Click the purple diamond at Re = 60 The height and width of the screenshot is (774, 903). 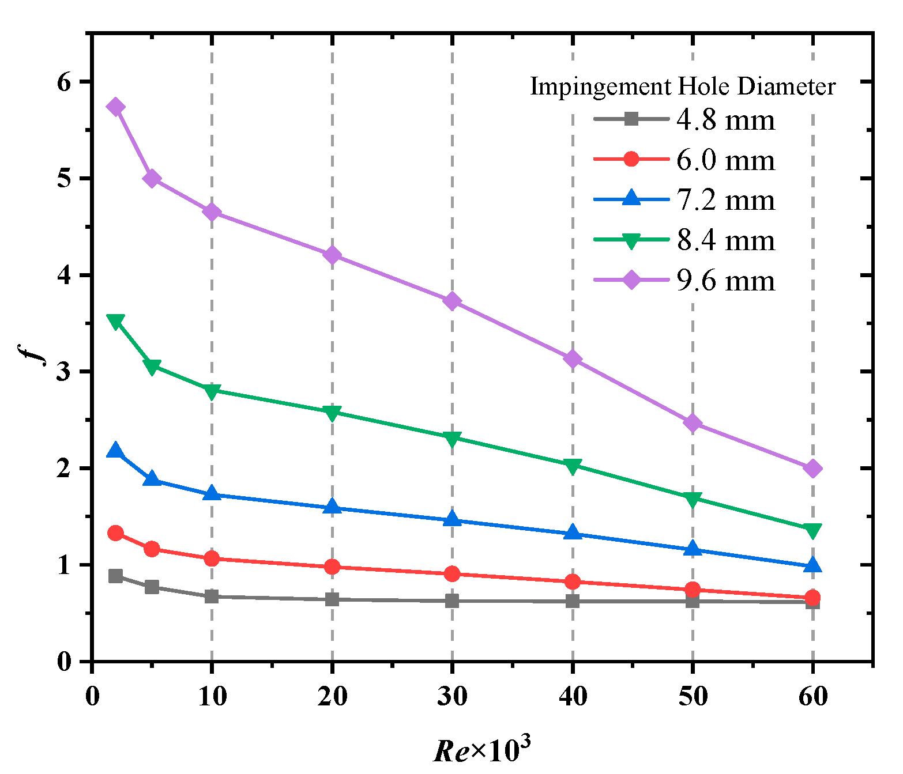pos(812,469)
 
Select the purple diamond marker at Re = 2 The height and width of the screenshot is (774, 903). pos(116,107)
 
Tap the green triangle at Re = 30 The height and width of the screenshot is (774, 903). pos(452,438)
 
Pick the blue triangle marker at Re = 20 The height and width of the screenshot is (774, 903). pos(332,507)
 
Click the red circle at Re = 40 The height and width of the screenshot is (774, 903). pos(573,582)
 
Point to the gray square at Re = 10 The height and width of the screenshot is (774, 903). pos(212,596)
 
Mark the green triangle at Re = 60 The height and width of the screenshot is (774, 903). pos(812,530)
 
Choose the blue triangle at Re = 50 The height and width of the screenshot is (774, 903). pos(693,549)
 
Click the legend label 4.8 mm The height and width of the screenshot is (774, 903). pos(725,120)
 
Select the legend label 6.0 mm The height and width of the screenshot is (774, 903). pos(725,160)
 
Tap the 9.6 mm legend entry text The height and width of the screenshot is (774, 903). pos(725,281)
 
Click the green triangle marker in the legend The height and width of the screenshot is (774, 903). pos(631,240)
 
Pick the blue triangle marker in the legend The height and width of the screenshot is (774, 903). pos(631,199)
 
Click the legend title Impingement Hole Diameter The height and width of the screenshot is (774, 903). pos(682,86)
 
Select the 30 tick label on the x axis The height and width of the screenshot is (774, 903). pos(452,696)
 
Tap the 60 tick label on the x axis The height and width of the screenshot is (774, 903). pos(812,696)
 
